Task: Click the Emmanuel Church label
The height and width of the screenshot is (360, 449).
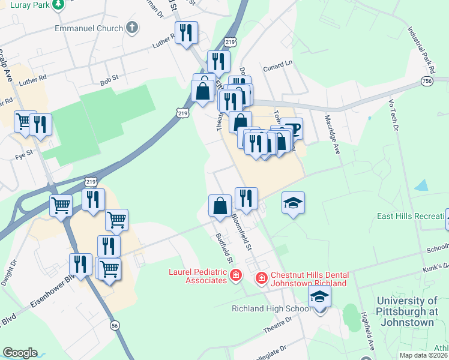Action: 88,28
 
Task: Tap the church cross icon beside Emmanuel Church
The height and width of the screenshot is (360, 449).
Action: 131,28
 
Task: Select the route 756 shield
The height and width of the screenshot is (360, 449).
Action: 427,80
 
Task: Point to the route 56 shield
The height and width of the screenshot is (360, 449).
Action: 114,325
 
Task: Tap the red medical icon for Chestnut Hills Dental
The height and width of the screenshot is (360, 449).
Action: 261,278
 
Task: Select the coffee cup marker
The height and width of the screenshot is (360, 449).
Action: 292,128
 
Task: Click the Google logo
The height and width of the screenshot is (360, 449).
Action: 20,353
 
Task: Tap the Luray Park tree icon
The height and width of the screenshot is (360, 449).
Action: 58,5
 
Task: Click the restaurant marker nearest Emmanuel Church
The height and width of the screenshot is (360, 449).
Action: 185,33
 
